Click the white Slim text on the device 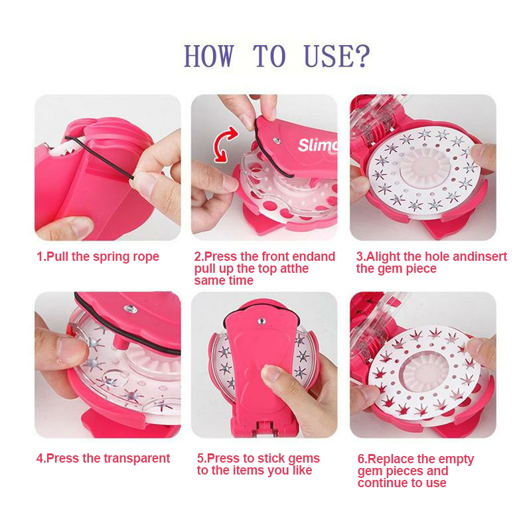318,145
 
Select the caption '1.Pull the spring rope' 98,257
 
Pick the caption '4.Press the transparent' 103,458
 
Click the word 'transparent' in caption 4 136,458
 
